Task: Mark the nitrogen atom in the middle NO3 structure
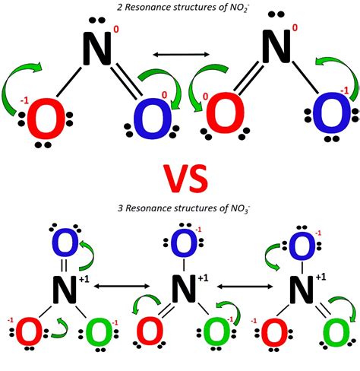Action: pyautogui.click(x=179, y=288)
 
